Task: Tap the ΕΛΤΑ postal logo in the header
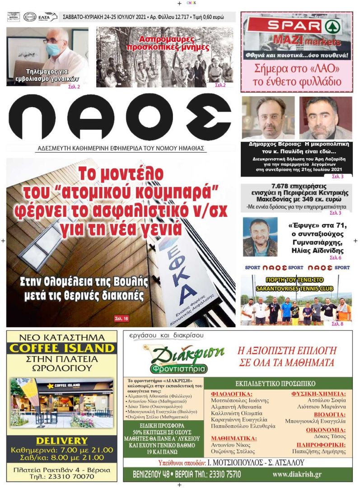tap(47, 17)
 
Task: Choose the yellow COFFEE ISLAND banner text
tap(62, 348)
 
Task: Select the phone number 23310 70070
tap(75, 476)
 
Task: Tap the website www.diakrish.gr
tap(297, 474)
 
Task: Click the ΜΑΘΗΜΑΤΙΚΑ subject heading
tap(234, 438)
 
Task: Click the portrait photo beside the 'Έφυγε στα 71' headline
tap(260, 237)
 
